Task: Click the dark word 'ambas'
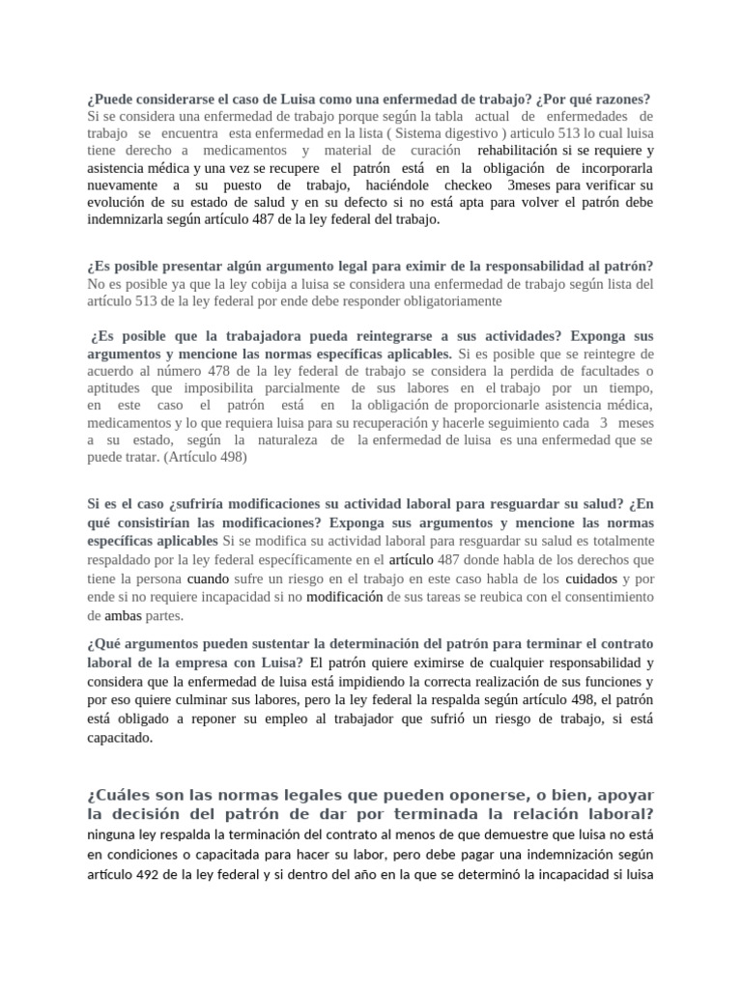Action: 123,614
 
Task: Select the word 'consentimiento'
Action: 604,597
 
